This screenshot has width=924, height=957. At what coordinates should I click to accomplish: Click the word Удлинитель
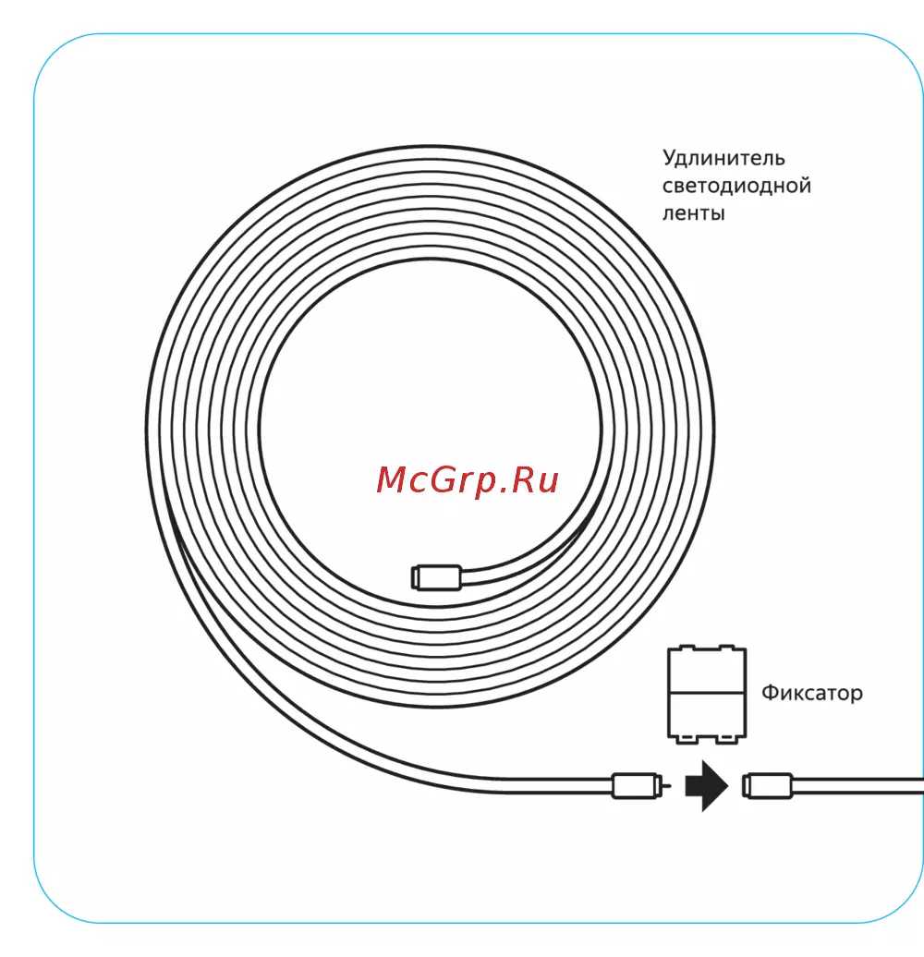(723, 159)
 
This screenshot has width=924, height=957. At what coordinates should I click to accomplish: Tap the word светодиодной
(736, 186)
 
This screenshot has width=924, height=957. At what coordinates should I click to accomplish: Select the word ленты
(693, 213)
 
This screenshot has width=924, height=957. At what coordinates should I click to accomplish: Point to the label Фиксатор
(812, 692)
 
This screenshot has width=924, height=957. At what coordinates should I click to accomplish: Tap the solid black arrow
(706, 786)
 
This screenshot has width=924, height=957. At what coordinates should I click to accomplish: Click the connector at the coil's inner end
(434, 576)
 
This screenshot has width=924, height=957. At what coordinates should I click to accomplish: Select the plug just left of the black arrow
(636, 786)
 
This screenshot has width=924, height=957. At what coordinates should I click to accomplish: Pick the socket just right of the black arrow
(768, 786)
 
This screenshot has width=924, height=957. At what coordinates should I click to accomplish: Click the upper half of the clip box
(705, 671)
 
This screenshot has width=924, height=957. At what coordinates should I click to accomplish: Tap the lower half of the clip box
(705, 714)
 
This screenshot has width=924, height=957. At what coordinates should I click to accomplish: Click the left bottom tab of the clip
(687, 740)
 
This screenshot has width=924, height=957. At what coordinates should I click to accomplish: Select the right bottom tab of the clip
(723, 740)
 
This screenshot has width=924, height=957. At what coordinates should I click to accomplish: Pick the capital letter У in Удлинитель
(670, 159)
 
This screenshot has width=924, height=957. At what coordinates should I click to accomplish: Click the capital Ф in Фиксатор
(770, 692)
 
